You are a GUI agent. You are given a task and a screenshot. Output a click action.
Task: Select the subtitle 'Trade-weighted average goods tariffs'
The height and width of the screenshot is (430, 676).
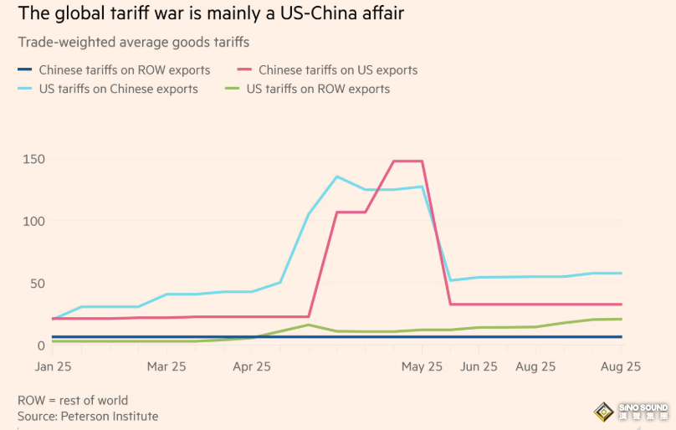click(x=133, y=42)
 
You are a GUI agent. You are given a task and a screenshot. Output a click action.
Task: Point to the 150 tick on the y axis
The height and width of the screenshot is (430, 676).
click(x=34, y=159)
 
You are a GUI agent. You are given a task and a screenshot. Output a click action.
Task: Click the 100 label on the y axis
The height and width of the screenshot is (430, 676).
click(x=34, y=221)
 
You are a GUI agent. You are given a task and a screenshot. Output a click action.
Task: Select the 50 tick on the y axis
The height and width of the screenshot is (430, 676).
click(x=38, y=284)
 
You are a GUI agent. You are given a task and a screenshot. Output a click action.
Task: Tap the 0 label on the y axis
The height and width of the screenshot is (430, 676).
click(x=40, y=345)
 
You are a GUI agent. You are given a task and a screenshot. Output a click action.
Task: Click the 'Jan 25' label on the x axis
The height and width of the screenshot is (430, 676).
click(x=54, y=366)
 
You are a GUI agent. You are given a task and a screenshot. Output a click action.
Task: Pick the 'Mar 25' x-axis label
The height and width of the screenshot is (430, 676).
click(x=166, y=366)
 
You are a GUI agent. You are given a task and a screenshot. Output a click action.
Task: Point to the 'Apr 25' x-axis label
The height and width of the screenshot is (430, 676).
click(x=252, y=366)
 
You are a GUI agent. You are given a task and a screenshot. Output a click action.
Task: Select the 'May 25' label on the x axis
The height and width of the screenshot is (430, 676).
click(x=422, y=366)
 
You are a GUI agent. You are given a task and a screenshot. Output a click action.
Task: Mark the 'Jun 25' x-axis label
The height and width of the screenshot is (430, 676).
click(x=479, y=366)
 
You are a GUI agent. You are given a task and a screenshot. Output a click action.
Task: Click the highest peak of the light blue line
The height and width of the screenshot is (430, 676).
click(x=337, y=177)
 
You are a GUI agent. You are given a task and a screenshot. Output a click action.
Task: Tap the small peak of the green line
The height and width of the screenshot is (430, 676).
click(x=309, y=325)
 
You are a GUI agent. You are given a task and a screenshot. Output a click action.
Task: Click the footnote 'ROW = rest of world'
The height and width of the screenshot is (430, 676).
click(x=73, y=400)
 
